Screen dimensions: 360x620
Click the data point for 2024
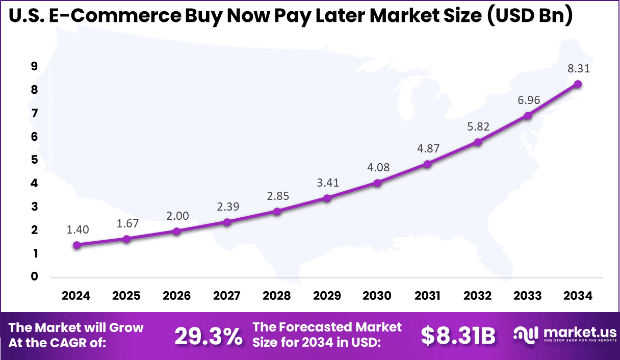76,245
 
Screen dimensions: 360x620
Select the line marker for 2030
377,183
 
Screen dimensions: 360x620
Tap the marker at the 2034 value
578,84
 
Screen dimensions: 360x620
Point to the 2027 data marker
227,222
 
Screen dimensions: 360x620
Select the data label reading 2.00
177,216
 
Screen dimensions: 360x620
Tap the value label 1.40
77,229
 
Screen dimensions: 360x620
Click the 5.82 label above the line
478,126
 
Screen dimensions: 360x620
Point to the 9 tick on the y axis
34,66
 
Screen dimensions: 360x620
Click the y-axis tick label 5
34,160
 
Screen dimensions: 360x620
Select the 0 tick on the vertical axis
34,276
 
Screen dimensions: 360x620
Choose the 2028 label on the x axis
277,296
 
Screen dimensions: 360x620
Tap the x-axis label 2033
528,296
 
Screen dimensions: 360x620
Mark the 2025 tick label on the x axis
127,296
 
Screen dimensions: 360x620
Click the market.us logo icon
525,335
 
